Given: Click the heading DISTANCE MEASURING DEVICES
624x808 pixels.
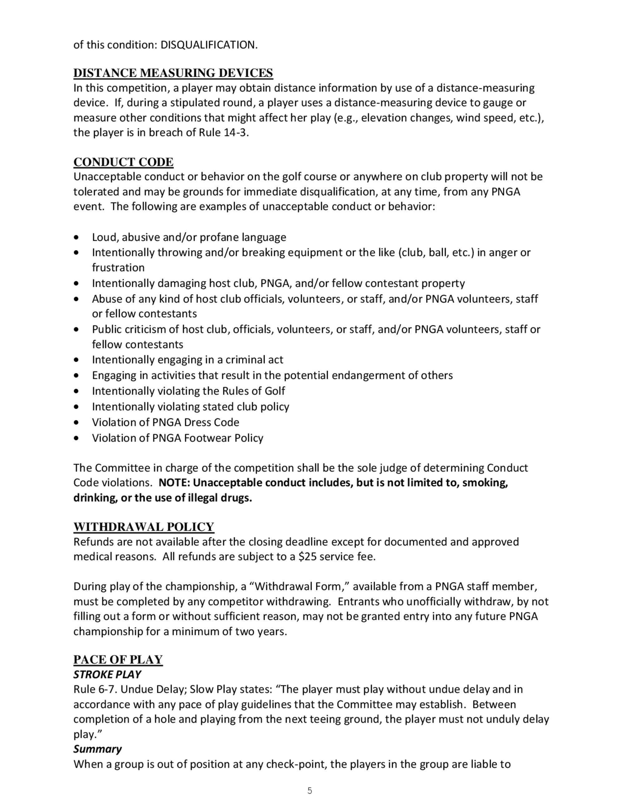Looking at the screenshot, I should pos(173,73).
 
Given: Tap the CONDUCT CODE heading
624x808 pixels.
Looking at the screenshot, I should pos(124,162).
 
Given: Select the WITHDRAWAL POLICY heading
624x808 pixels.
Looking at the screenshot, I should pos(144,527).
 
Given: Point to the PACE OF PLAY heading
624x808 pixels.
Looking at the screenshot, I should pos(118,660).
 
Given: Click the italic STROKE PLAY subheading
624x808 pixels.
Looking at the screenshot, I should pos(107,674).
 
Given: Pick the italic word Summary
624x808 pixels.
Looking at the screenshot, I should pos(97,749).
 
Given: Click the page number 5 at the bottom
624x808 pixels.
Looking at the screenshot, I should pos(310,791).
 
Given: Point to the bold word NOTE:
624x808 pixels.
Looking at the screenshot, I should pos(174,483).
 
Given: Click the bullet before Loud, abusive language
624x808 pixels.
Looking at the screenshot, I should pos(76,237).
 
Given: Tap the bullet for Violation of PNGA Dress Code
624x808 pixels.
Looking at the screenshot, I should pos(76,422).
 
